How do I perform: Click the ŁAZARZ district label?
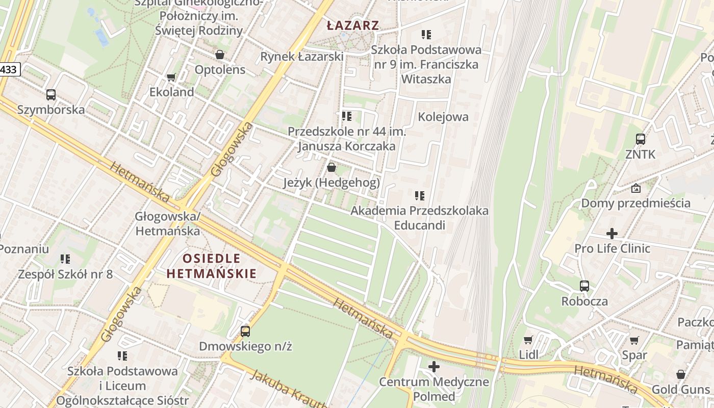tap(353, 25)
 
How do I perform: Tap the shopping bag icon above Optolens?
tap(220, 54)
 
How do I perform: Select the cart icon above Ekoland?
tap(171, 78)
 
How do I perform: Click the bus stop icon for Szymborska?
tap(51, 94)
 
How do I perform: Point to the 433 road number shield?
tap(9, 70)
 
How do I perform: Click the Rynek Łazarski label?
tap(302, 57)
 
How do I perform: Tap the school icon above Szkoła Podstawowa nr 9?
tap(426, 35)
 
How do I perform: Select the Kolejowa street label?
tap(443, 117)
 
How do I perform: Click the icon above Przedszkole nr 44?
tap(347, 116)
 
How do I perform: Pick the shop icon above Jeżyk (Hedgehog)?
tap(331, 167)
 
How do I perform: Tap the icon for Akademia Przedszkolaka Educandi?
tap(420, 195)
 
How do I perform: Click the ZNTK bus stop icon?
tap(640, 139)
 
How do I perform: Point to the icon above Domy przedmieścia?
tap(636, 188)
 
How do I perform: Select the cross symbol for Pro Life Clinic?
tap(612, 234)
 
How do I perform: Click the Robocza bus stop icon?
tap(584, 286)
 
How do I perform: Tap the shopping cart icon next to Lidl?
tap(528, 340)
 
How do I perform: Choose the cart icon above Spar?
tap(634, 340)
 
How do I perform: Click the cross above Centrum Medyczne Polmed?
tap(434, 367)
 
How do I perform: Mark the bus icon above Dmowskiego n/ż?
tap(245, 331)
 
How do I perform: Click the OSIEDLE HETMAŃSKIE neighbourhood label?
tap(212, 266)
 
